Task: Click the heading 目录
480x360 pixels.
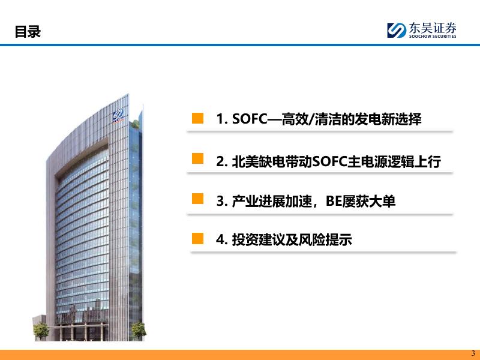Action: (x=28, y=32)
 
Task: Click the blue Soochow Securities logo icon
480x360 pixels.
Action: (x=397, y=30)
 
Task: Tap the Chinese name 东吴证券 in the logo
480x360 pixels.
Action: (x=433, y=28)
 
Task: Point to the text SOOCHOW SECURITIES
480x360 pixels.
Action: (x=433, y=36)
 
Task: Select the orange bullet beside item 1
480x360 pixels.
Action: (x=197, y=118)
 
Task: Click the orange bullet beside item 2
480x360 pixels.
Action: (x=197, y=158)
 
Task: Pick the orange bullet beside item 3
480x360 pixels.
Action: (x=197, y=199)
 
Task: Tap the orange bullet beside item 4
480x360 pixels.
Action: (x=197, y=238)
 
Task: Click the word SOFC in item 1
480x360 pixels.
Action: (x=250, y=119)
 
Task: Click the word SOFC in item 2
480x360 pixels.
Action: (x=329, y=161)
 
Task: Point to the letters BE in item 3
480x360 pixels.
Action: (x=334, y=201)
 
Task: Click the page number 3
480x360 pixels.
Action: (x=473, y=353)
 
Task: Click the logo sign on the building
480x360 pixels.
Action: (x=118, y=115)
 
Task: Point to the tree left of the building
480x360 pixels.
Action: (x=41, y=331)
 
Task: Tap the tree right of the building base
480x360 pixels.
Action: (x=139, y=330)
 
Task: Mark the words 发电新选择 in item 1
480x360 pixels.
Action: (x=388, y=119)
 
